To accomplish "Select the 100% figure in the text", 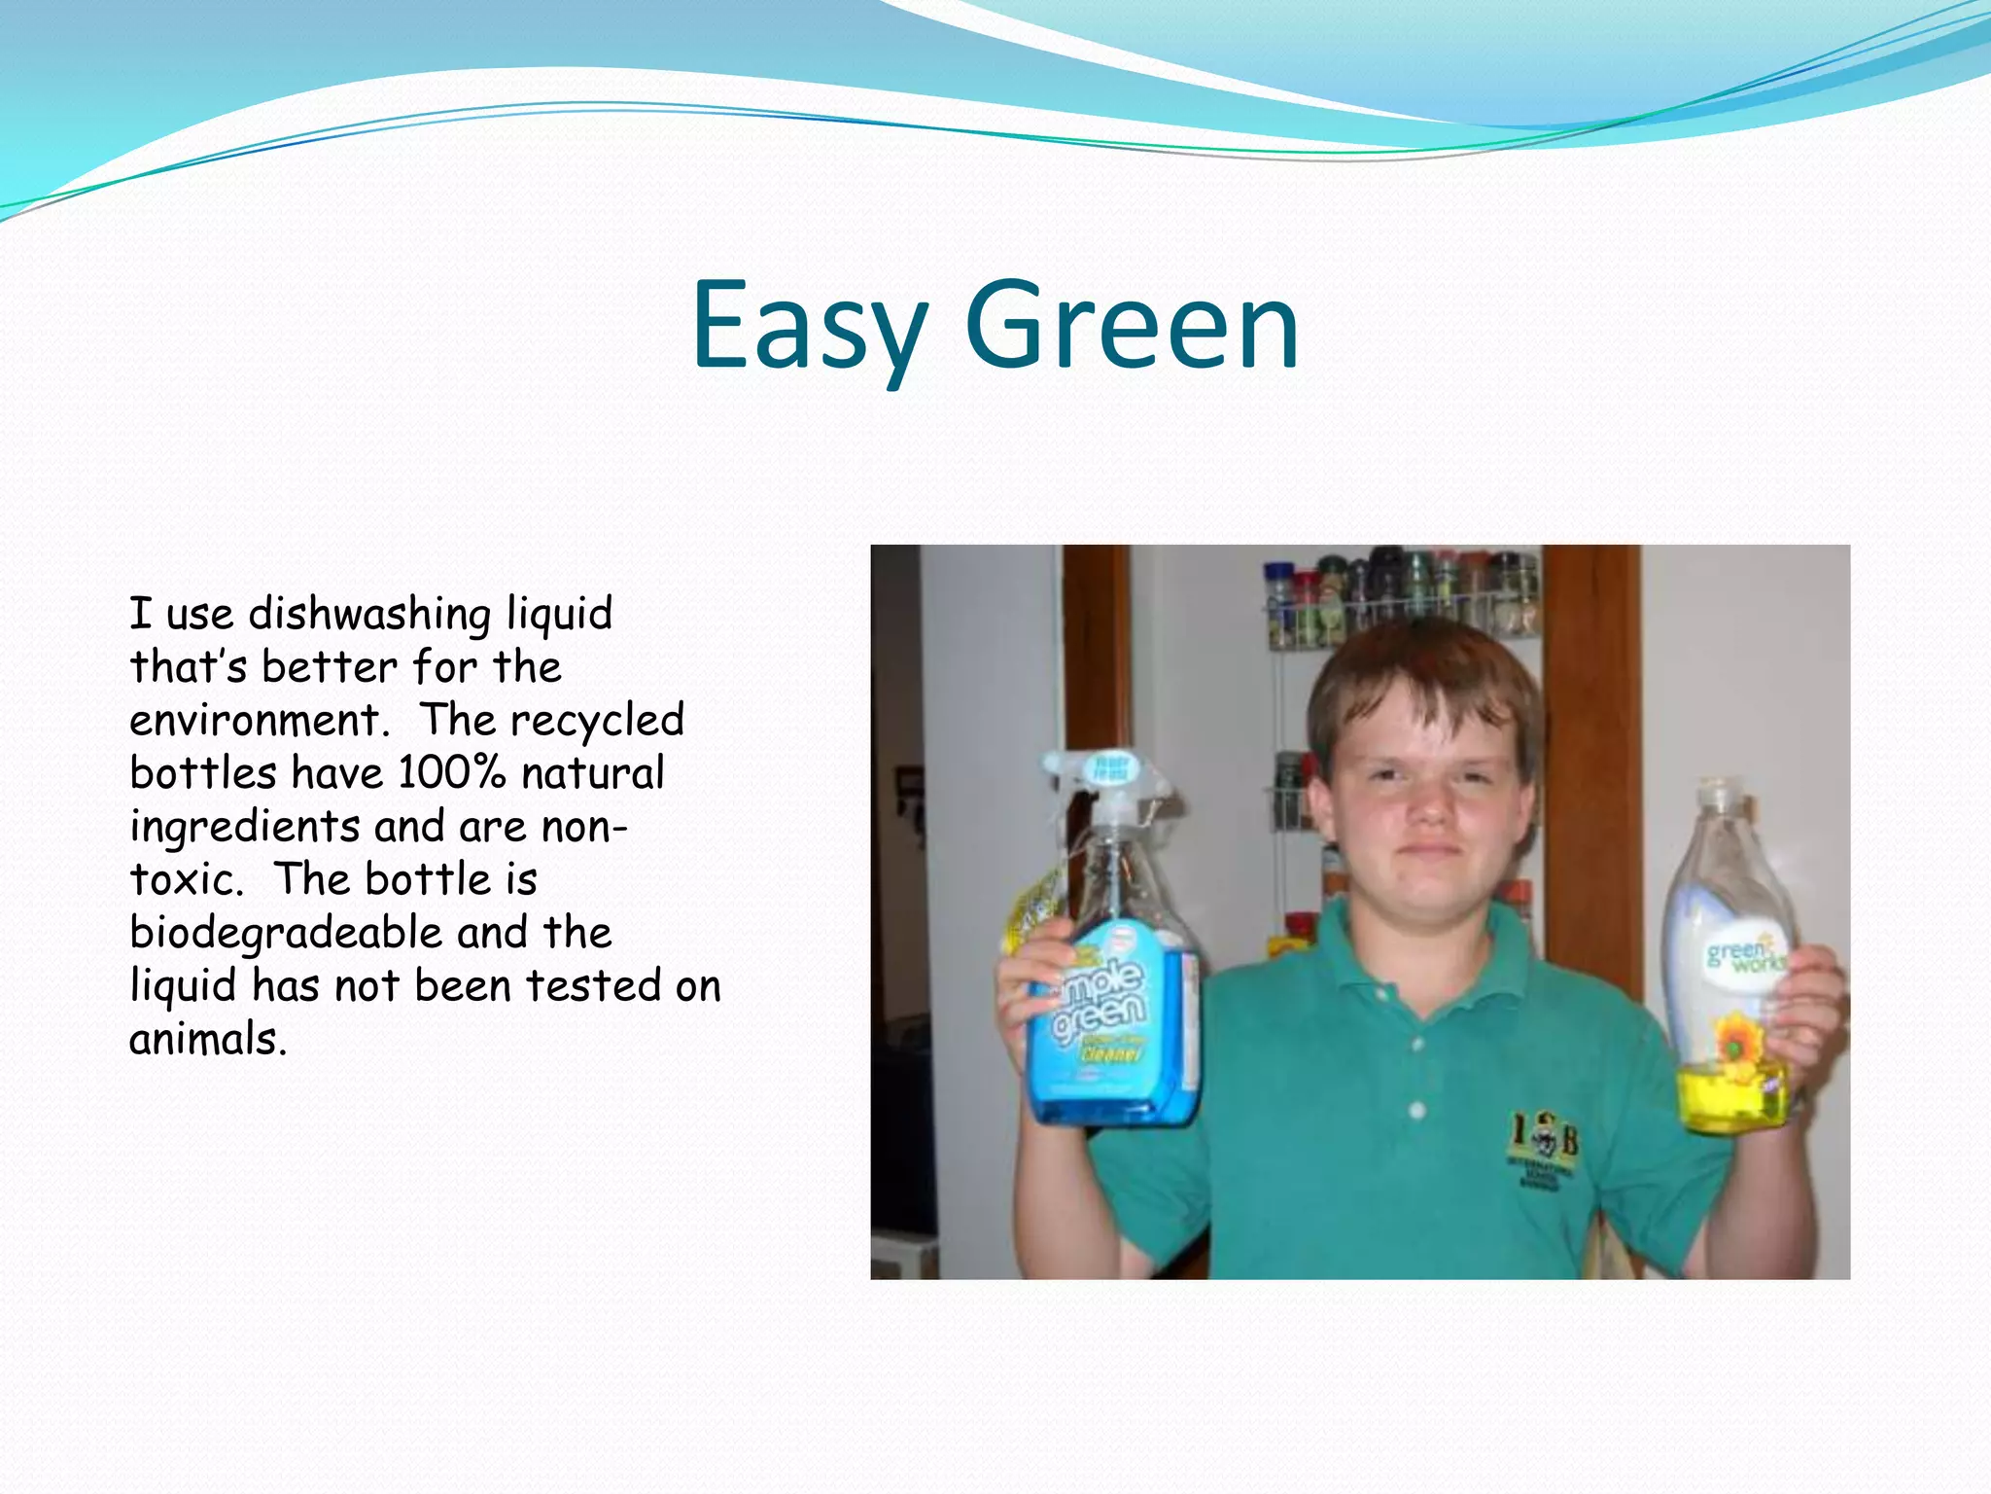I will pos(451,773).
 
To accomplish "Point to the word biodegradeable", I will pos(287,934).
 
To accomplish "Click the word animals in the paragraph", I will pos(207,1040).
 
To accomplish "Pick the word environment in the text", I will pos(258,721).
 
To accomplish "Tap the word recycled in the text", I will pos(597,721).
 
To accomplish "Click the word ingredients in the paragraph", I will pos(245,827).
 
